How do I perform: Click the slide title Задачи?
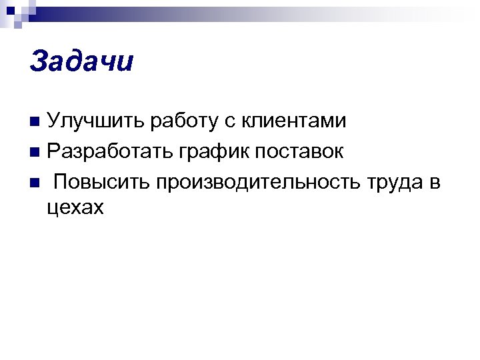[81, 62]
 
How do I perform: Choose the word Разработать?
[109, 152]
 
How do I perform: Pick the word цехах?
[76, 208]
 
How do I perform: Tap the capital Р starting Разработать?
[53, 152]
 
